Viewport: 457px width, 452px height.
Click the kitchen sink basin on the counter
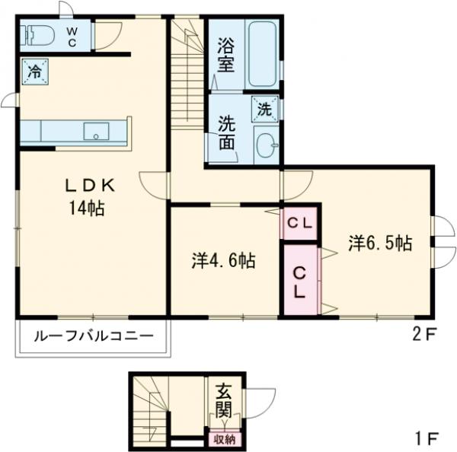(97, 130)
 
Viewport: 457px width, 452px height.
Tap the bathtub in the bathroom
(263, 54)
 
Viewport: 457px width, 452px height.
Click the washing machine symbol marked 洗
(264, 108)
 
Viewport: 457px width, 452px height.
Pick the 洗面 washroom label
(226, 131)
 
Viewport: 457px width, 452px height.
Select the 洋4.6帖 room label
(223, 260)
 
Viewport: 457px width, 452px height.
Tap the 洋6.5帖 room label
(381, 244)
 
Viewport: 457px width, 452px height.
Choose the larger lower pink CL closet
(300, 279)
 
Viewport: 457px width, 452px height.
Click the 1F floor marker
(426, 438)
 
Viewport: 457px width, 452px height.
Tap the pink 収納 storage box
(223, 438)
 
